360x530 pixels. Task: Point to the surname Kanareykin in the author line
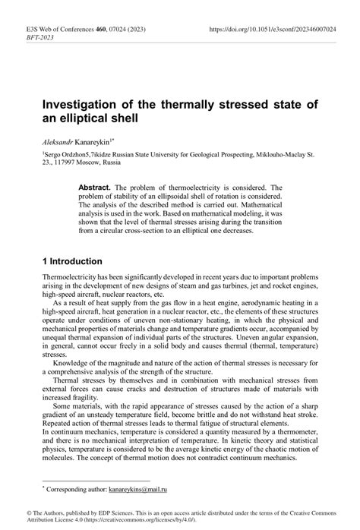click(109, 141)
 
